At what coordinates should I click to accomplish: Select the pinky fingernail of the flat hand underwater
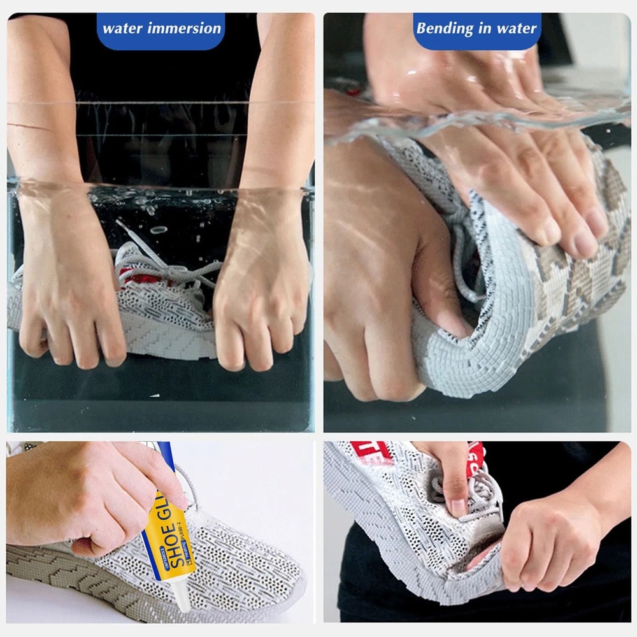pyautogui.click(x=598, y=223)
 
